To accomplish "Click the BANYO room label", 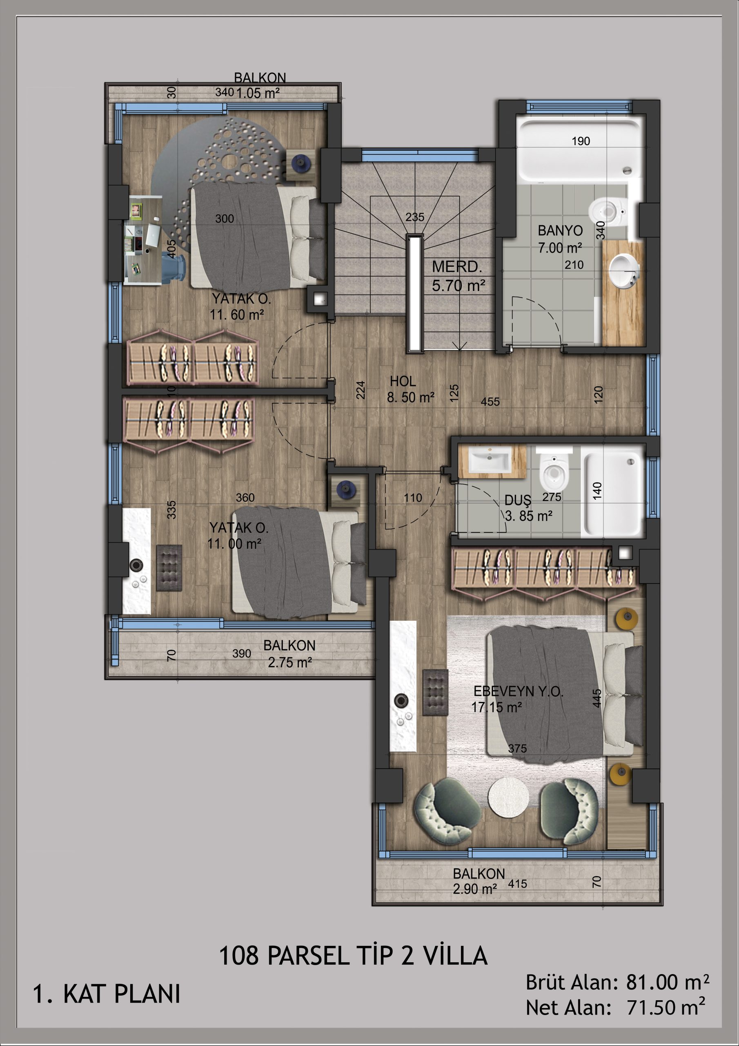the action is tap(560, 230).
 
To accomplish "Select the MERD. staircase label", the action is tap(457, 266).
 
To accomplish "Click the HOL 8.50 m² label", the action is tap(410, 389).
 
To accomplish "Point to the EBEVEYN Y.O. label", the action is tap(518, 691).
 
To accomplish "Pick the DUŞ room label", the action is tap(518, 500).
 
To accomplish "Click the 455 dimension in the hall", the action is tap(490, 402).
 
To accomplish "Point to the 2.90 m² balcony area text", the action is tap(474, 888).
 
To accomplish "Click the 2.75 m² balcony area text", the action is tap(289, 662).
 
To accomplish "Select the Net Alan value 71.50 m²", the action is tap(666, 1007).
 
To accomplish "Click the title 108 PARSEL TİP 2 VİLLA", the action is tap(353, 955).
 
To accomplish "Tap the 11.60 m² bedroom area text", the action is tap(237, 314).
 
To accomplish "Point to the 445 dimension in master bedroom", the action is tap(597, 698).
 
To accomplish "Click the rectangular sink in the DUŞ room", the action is tap(490, 460).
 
